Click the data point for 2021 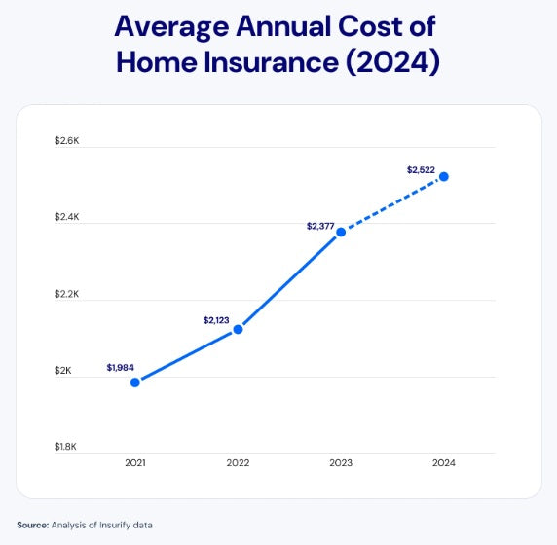click(x=135, y=382)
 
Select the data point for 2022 click(x=238, y=329)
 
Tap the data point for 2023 click(x=341, y=232)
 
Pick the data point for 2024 click(x=444, y=176)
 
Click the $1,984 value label click(x=121, y=368)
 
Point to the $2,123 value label click(x=216, y=319)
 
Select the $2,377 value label click(x=320, y=226)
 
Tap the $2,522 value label click(x=421, y=170)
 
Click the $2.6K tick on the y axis click(x=66, y=141)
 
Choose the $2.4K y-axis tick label click(x=66, y=217)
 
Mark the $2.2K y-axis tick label click(x=66, y=294)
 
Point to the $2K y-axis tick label click(x=62, y=370)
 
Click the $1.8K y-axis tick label click(x=66, y=447)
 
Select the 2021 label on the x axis click(x=135, y=463)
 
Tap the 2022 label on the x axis click(x=238, y=463)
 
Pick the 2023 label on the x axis click(x=341, y=463)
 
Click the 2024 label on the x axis click(x=444, y=463)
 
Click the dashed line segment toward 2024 click(x=392, y=204)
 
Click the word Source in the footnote click(x=31, y=526)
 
